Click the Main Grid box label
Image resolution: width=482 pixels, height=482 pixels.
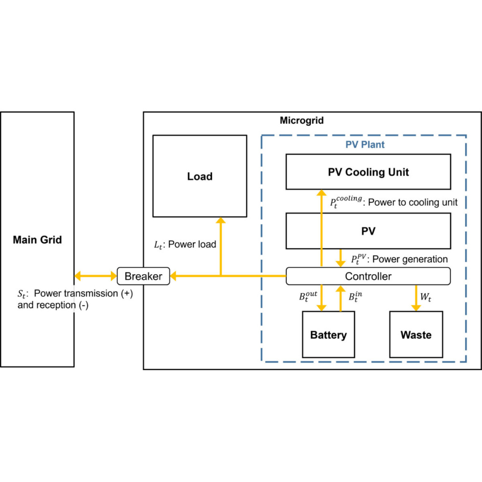coord(37,240)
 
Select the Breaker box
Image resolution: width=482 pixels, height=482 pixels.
coord(143,276)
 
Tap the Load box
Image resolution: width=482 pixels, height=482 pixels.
coord(200,176)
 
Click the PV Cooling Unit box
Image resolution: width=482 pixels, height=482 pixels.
coord(368,172)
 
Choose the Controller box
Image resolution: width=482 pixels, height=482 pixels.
coord(368,276)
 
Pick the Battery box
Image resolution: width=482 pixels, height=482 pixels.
coord(328,335)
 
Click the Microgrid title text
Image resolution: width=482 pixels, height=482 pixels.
coord(302,120)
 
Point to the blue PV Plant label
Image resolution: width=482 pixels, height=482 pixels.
coord(365,144)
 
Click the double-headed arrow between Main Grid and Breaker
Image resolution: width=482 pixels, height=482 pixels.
coord(96,276)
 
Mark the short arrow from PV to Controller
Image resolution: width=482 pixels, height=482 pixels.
coord(341,257)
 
